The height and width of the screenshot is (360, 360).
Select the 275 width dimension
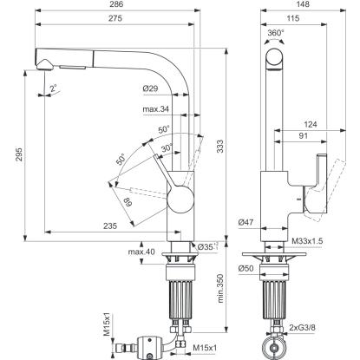(115, 18)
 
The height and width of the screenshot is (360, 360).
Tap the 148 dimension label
(303, 4)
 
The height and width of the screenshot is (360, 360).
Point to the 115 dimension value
(293, 18)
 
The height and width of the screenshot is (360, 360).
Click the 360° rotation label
(276, 33)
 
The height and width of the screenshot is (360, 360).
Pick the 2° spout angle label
(54, 88)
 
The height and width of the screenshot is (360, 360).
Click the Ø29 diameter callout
(150, 88)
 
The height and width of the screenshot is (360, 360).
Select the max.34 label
(155, 109)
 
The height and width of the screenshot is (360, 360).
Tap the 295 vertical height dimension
(18, 155)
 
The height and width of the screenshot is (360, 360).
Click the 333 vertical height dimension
(220, 147)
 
